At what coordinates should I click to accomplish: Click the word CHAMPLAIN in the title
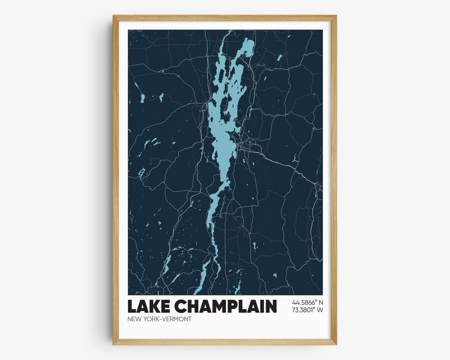(x=225, y=306)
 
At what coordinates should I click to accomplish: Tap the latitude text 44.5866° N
(x=307, y=302)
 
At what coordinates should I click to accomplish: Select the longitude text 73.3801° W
(x=307, y=310)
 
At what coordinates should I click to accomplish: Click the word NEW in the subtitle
(x=135, y=319)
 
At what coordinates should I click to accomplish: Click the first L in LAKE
(x=132, y=306)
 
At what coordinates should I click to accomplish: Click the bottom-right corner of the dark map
(x=322, y=295)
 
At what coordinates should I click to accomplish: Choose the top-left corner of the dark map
(x=128, y=30)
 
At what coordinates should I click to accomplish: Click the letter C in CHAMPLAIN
(x=180, y=306)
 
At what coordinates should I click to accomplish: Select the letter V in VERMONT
(x=165, y=319)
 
